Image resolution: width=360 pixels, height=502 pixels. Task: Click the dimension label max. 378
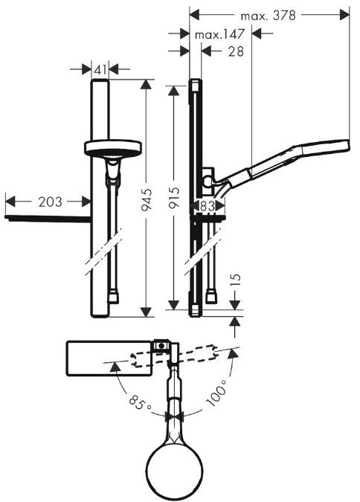coord(268,16)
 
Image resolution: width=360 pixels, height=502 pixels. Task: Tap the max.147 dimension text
coord(219,34)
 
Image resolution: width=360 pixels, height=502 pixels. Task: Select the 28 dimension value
coord(236,51)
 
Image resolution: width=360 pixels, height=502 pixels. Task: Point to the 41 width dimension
coord(100,69)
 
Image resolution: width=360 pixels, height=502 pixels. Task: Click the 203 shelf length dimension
coord(51,202)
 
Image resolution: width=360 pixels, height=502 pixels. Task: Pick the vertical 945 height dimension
coord(147,200)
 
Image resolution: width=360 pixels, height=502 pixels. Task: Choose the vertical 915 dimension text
coord(174,198)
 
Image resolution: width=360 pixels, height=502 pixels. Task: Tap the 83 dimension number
coord(208,206)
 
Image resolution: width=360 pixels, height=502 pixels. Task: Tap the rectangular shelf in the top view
coord(109,358)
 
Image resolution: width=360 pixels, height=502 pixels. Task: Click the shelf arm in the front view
coord(48,219)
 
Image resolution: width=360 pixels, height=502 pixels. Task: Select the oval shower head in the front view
coord(113,148)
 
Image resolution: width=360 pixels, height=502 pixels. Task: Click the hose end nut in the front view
coord(113,297)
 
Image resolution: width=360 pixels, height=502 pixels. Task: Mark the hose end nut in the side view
coord(211,297)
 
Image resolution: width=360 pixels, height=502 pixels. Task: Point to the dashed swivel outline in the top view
coord(173,356)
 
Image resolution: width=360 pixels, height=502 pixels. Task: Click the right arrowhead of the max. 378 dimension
coord(344,15)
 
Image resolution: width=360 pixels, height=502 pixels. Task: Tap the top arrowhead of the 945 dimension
coord(146,84)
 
